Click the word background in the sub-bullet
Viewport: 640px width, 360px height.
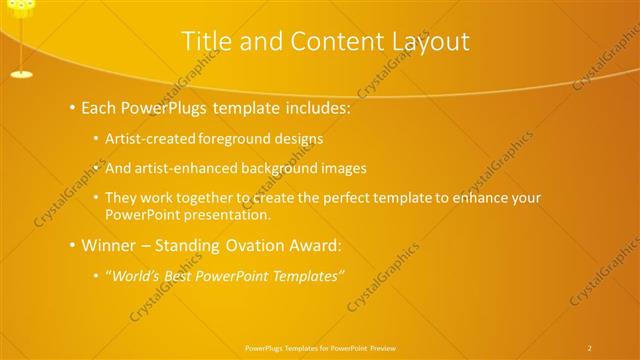tap(285, 168)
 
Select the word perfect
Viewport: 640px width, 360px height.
tap(364, 198)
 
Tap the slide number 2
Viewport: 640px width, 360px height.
tap(589, 347)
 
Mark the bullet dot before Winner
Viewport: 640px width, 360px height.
tap(73, 245)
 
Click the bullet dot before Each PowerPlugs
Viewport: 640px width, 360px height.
tap(73, 108)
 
